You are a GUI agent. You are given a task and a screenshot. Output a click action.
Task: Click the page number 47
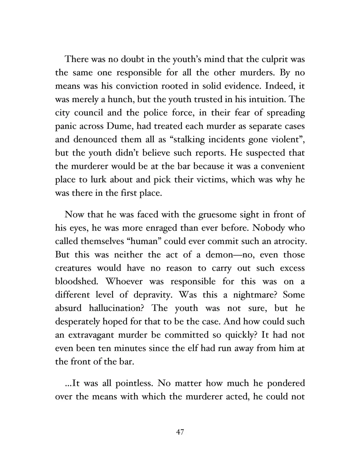click(x=180, y=432)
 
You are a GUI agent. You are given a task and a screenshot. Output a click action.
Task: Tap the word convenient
click(x=283, y=166)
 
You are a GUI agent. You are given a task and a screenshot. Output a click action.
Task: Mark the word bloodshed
click(x=76, y=282)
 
